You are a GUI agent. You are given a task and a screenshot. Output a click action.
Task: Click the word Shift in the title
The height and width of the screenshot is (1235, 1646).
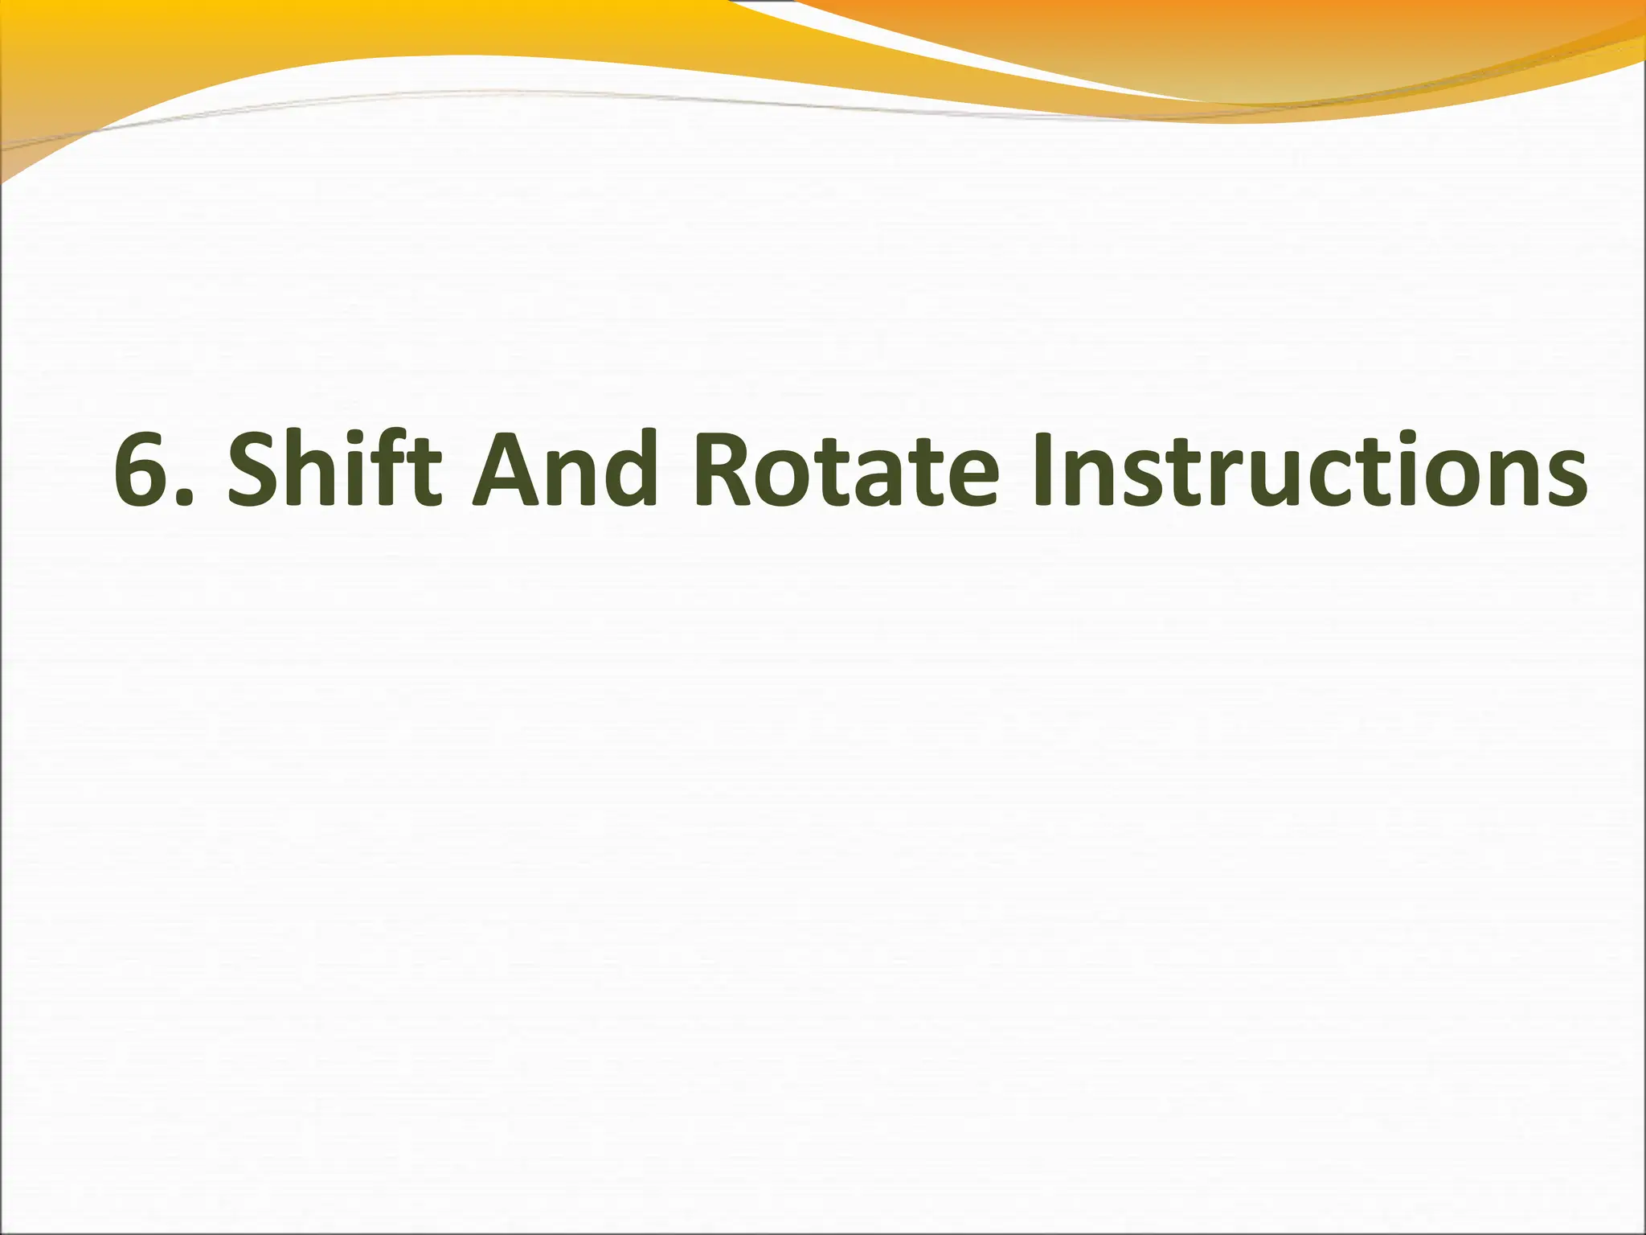pos(334,470)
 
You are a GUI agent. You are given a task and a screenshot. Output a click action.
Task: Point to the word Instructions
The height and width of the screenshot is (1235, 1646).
pos(1310,470)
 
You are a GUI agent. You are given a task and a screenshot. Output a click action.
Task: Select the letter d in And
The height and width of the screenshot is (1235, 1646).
pos(624,470)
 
